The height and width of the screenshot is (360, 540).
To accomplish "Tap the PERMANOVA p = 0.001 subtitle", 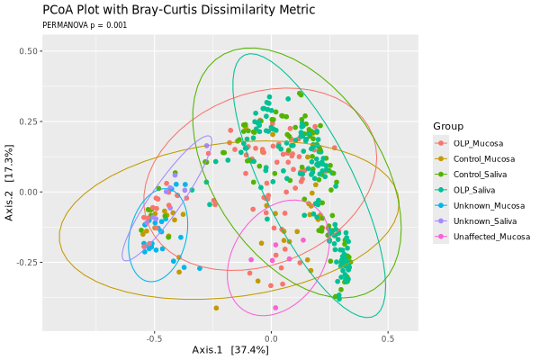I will [85, 25].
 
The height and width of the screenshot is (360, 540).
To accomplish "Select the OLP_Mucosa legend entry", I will [478, 143].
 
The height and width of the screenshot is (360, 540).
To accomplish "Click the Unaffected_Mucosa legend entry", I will [489, 238].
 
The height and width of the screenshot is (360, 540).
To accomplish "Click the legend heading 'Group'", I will [447, 125].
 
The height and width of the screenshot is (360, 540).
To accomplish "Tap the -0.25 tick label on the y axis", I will [26, 262].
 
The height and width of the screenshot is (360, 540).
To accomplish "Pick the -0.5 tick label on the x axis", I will [154, 340].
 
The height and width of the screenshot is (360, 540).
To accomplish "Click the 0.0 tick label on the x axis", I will [271, 340].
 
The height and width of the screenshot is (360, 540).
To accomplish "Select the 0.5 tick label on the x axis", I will [388, 340].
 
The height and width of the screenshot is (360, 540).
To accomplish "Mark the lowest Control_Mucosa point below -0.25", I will [216, 308].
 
